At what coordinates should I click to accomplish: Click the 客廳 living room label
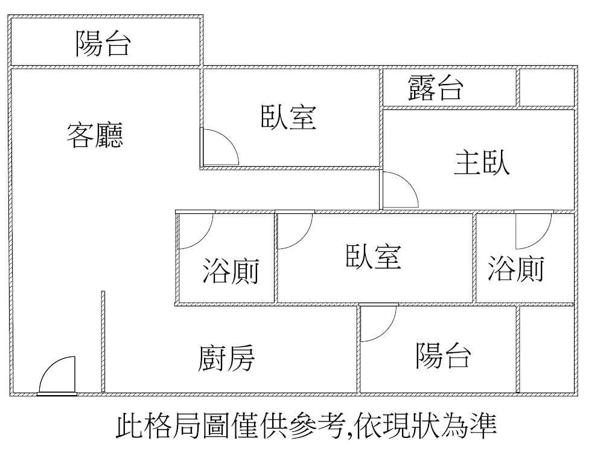(95, 135)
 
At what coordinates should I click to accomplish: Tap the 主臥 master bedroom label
(482, 163)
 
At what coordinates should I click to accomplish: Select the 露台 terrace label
(436, 88)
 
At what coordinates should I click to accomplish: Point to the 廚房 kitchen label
(226, 358)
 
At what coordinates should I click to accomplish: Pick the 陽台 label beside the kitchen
(443, 355)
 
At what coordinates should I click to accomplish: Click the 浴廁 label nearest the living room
(231, 271)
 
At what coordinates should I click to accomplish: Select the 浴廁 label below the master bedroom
(515, 268)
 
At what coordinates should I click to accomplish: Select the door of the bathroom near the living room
(203, 239)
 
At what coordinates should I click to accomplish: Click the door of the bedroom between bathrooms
(303, 239)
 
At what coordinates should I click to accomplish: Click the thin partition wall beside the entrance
(103, 341)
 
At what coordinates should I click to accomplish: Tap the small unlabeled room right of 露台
(547, 87)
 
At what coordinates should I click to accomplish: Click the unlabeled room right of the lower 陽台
(547, 349)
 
